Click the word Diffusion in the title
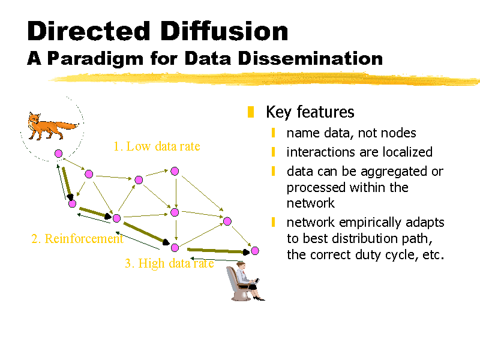[x=224, y=31]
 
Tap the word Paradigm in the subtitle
[x=95, y=59]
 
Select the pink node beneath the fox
[x=58, y=154]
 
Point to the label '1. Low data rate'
[x=157, y=146]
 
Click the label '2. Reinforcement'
[x=77, y=239]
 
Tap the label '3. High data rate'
[x=169, y=263]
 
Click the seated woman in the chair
[x=245, y=281]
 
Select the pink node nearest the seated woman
[x=254, y=251]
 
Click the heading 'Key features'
[x=310, y=112]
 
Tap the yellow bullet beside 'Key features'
[x=251, y=112]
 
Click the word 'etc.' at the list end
[x=433, y=254]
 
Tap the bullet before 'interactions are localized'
[x=273, y=152]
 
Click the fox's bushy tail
[x=67, y=125]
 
